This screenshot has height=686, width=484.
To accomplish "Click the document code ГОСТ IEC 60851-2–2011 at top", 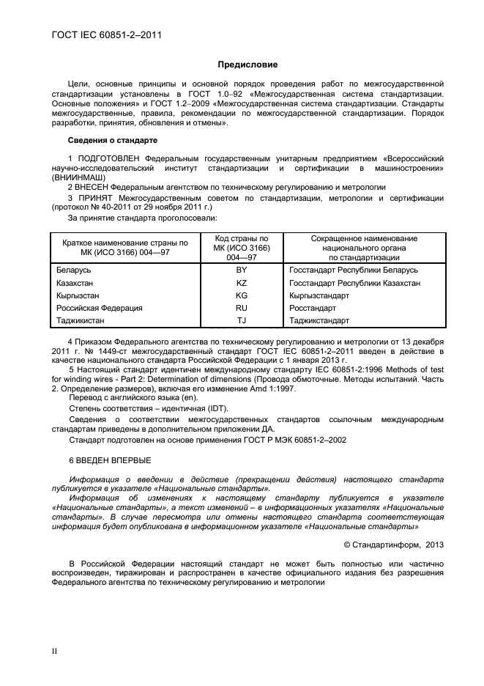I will click(x=107, y=34).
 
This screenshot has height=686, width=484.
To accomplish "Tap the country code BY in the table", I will click(x=242, y=270).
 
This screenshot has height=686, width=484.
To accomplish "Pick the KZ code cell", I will click(x=242, y=283).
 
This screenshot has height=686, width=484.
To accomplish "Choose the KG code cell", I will click(x=242, y=295).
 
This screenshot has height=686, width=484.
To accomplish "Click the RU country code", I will click(x=242, y=308).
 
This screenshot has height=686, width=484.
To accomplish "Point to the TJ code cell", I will click(x=242, y=320).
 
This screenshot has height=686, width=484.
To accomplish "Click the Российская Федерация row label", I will click(x=99, y=308).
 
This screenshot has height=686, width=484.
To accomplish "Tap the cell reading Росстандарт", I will click(x=313, y=308).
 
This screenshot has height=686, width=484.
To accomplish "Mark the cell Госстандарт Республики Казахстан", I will click(x=354, y=283).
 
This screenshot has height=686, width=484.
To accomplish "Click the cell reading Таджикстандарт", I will click(x=320, y=320).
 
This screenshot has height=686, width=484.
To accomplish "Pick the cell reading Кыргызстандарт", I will click(x=319, y=295).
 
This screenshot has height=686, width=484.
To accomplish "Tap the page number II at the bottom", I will click(x=53, y=650).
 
